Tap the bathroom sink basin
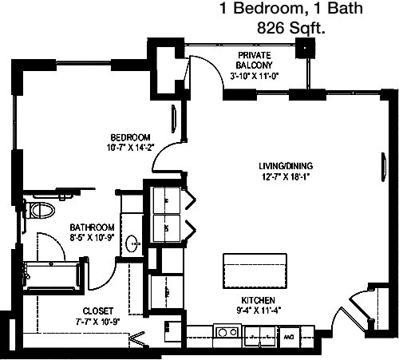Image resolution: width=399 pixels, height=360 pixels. pos(132,243)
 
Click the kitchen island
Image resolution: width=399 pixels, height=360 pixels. pos(255,271)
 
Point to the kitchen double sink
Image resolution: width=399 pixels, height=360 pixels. pos(260,336)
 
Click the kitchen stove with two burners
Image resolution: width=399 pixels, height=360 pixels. pos(227,333)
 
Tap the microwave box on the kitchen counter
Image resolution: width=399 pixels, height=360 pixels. pos(289,337)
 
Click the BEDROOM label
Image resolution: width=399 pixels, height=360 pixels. pos(130,137)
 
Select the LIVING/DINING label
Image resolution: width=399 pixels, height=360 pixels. pos(286,166)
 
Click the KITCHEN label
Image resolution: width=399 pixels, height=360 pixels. pos(258,300)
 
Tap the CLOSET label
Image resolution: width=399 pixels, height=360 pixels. pos(98,311)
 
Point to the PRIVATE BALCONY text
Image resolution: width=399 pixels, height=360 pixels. pos(255,60)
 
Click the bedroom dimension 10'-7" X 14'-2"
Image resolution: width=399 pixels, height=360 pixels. pos(131,148)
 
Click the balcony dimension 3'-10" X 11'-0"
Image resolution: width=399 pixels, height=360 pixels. pos(254,76)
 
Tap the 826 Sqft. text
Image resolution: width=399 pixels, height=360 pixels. pos(291,27)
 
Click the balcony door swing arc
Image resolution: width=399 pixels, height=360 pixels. pos(213,66)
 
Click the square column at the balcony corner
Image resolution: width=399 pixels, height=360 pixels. pos(305,48)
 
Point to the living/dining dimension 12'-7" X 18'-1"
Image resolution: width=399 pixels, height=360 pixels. pos(286,176)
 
